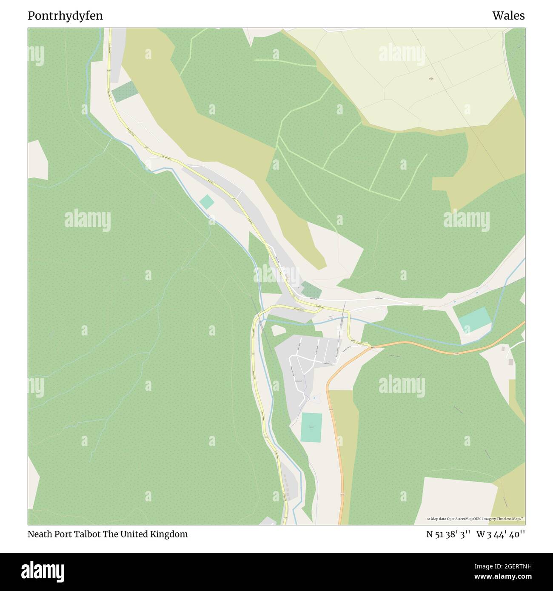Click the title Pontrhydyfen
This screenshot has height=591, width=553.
coord(65,16)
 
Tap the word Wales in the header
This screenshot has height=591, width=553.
coord(508,16)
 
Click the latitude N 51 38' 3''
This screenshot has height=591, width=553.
coord(448,534)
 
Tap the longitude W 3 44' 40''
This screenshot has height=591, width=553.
coord(501,534)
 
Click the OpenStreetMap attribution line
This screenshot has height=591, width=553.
coord(475,519)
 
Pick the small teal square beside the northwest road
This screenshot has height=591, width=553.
coord(207,202)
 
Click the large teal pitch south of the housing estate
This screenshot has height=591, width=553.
coord(311,427)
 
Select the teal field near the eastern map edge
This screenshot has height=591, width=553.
coord(474,319)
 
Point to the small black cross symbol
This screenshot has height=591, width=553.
coord(299,288)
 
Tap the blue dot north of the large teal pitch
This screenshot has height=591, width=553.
coord(314,398)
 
